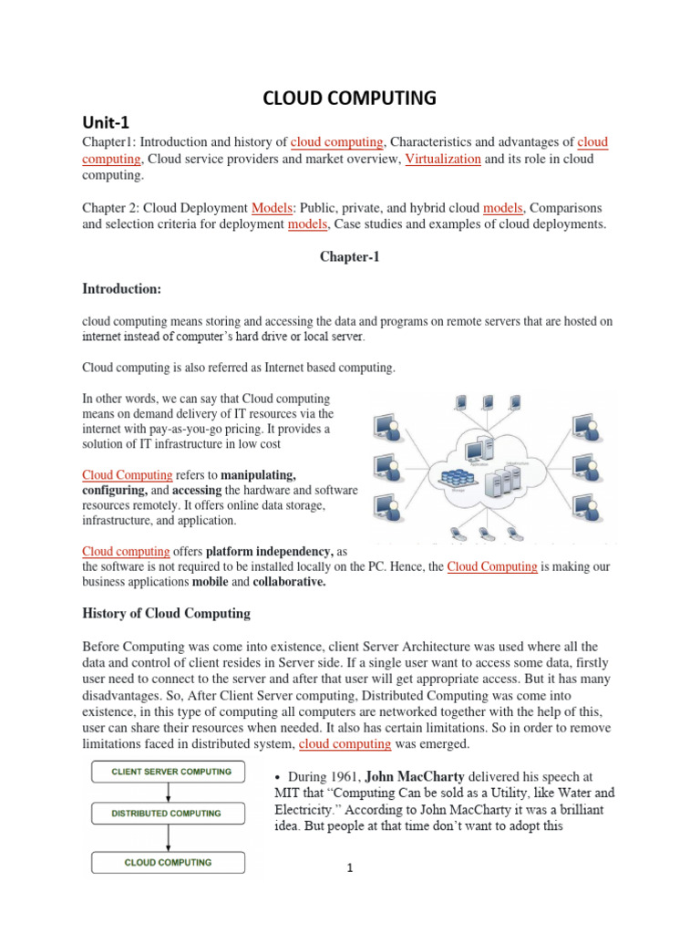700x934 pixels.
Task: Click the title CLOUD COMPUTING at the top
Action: click(350, 98)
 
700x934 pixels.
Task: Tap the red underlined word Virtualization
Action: click(442, 159)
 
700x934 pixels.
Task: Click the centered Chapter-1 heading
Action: click(349, 257)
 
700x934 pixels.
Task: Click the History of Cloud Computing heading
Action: click(166, 613)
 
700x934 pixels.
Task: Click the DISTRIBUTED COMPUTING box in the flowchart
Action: click(167, 814)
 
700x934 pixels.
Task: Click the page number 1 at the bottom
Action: click(349, 868)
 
